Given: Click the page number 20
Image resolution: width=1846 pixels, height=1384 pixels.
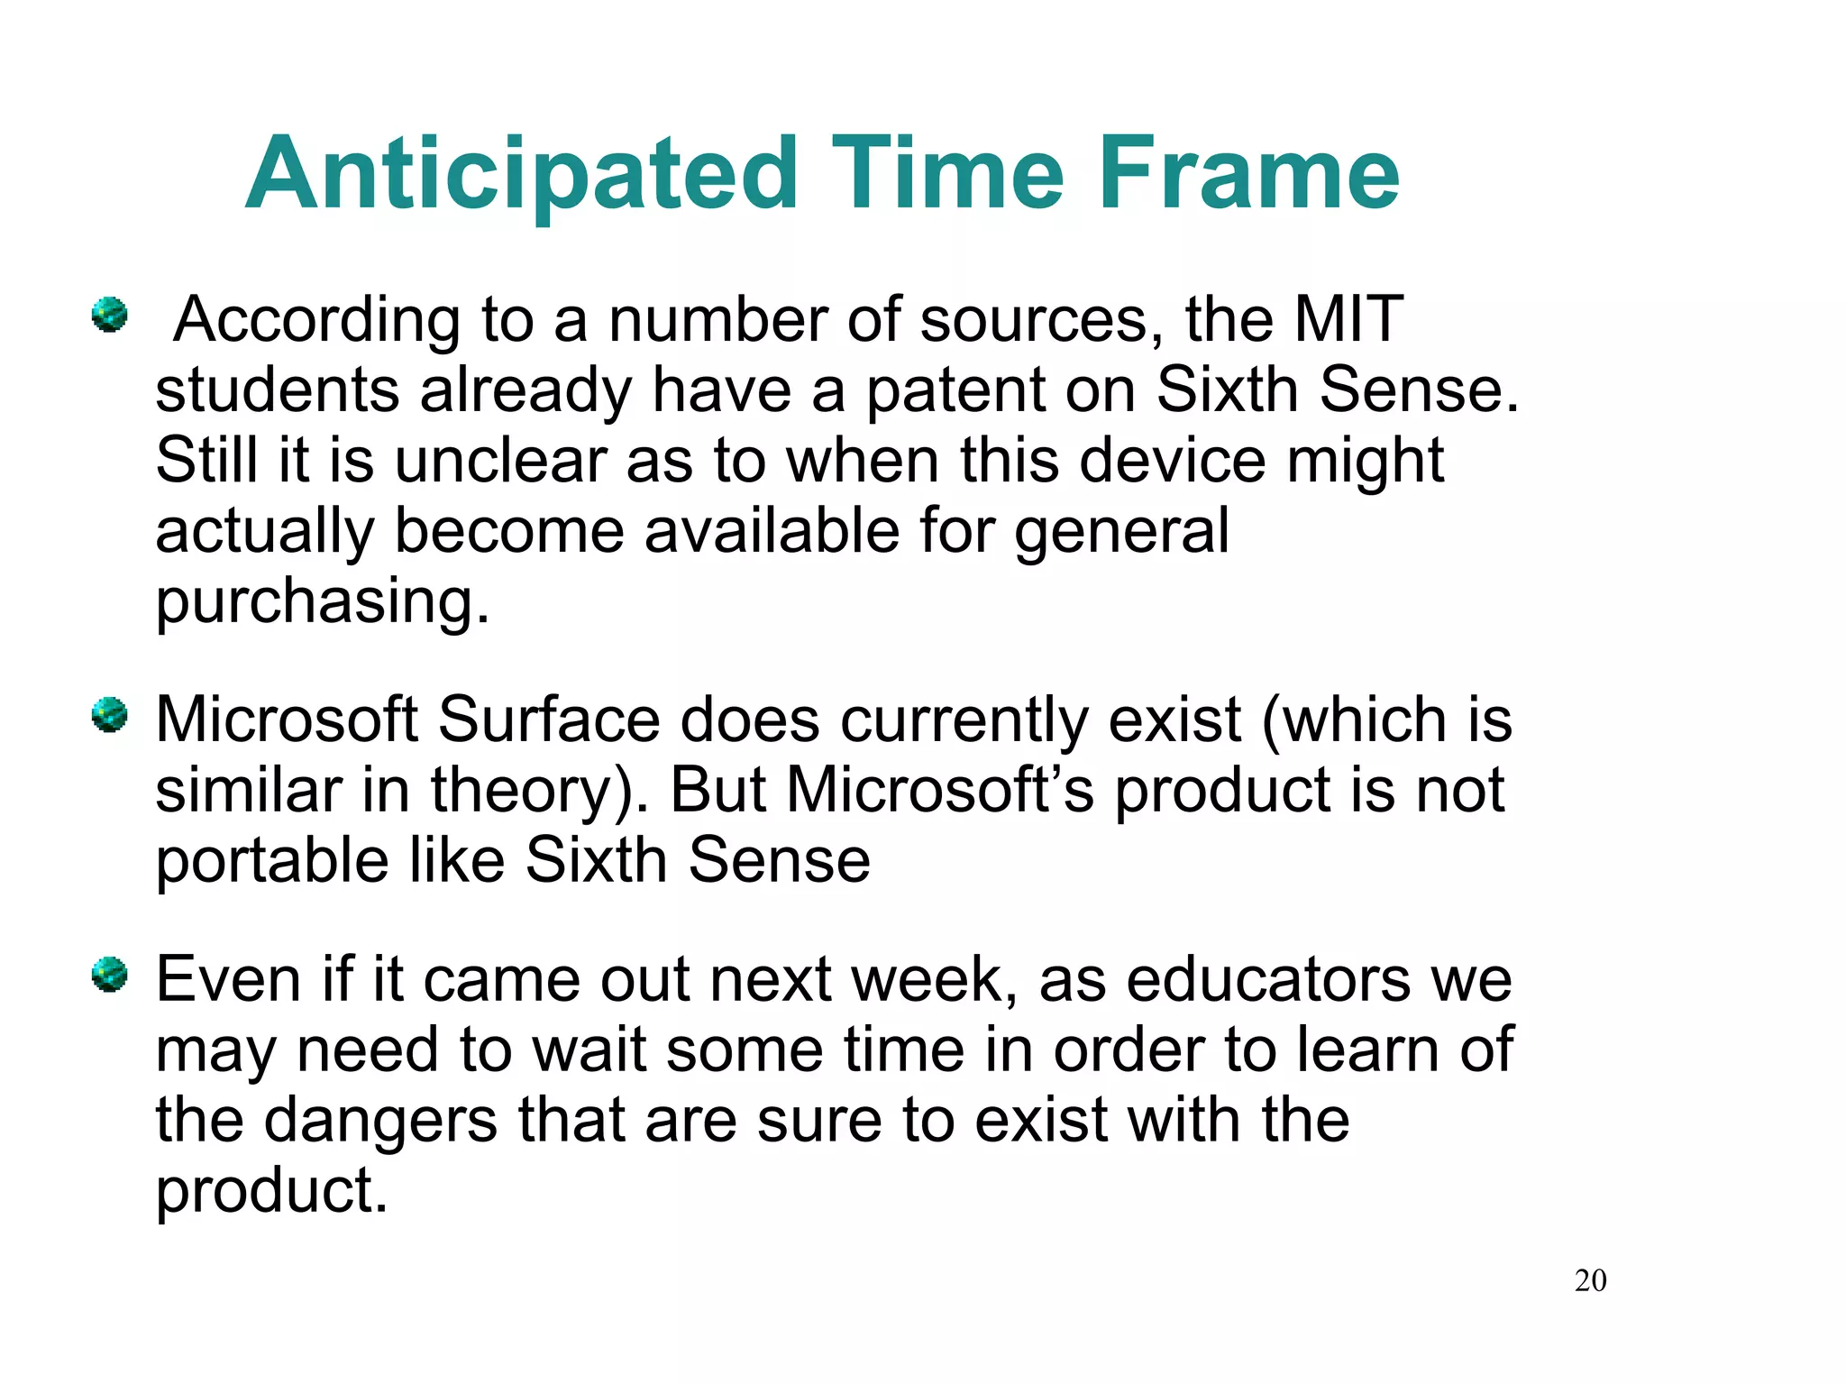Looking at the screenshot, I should pyautogui.click(x=1590, y=1280).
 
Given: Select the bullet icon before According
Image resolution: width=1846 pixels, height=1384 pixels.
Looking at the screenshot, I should pyautogui.click(x=110, y=316).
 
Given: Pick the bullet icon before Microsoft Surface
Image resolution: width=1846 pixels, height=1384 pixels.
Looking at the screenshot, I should pyautogui.click(x=110, y=716).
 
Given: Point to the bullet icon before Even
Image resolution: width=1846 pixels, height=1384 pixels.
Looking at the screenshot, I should pyautogui.click(x=110, y=976).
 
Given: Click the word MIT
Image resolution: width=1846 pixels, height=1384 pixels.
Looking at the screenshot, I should pyautogui.click(x=1348, y=319).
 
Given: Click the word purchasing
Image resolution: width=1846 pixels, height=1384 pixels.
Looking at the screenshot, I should pyautogui.click(x=322, y=602).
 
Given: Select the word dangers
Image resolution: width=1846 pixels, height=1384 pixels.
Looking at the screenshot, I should pyautogui.click(x=380, y=1121).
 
